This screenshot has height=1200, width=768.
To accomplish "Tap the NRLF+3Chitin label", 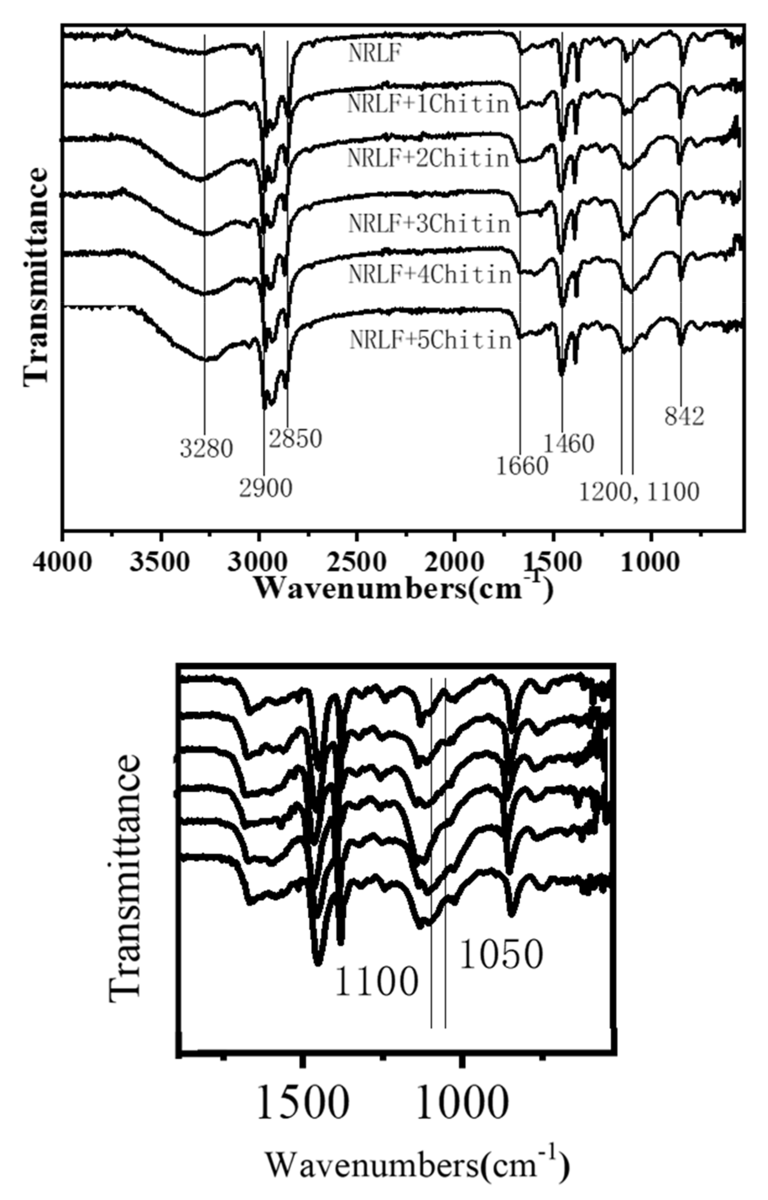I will click(429, 224).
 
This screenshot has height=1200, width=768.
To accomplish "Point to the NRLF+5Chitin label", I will click(431, 340).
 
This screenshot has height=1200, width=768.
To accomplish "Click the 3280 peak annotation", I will click(206, 449).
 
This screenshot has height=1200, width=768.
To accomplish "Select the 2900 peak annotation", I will click(265, 489).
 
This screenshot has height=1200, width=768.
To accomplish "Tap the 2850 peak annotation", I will click(295, 439).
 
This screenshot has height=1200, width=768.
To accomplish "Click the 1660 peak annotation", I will click(522, 466).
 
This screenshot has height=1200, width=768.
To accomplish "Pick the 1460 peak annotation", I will click(568, 443).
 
